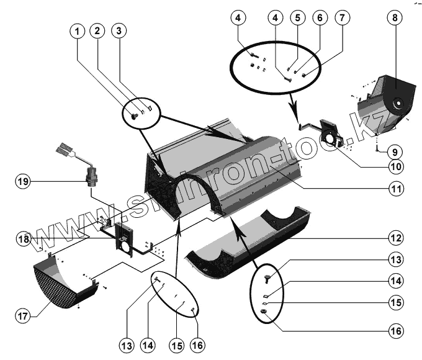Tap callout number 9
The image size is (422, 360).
[393, 150]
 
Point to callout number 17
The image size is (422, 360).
[23, 316]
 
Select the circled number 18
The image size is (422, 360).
[23, 238]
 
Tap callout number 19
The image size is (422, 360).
[23, 181]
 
